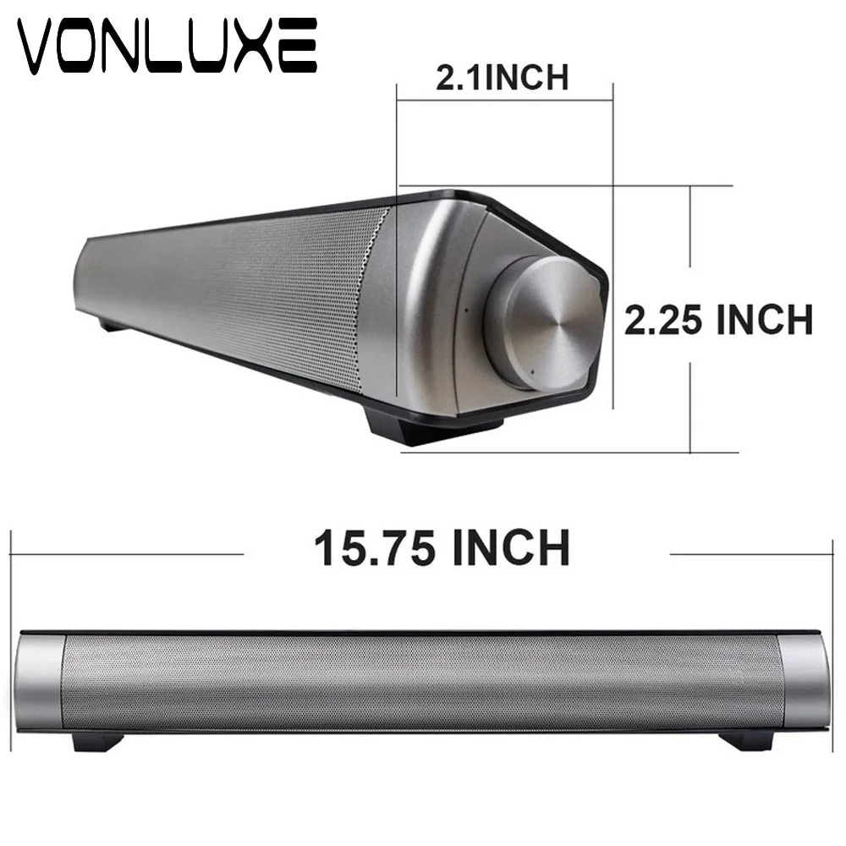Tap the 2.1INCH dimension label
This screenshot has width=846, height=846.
coord(502,77)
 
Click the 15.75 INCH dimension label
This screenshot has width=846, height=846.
coord(442,547)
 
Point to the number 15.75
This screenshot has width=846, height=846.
coord(377,547)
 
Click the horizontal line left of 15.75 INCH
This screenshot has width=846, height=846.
coord(127,554)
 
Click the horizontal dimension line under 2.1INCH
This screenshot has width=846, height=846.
coord(504,101)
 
